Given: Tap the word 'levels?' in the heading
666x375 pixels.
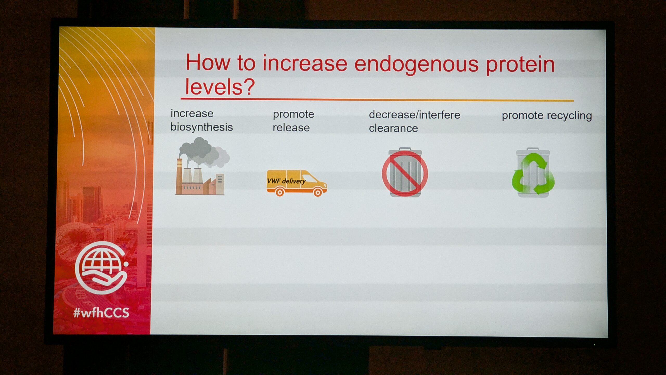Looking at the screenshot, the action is (220, 87).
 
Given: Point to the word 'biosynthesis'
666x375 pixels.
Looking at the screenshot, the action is (202, 127).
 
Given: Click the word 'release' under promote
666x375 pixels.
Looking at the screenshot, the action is (291, 128).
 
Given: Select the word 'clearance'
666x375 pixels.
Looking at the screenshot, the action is (393, 128).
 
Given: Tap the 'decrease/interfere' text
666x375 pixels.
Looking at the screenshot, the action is (414, 115).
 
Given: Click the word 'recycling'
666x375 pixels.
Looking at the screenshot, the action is (569, 116).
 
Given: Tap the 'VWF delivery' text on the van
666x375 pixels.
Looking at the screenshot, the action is (286, 181).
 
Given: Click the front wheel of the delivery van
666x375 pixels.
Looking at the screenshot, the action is (318, 192).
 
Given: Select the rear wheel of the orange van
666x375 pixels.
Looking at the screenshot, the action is (280, 192).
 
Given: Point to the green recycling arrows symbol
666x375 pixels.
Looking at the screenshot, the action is (533, 174).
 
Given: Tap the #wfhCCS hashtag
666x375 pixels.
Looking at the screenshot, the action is (101, 312).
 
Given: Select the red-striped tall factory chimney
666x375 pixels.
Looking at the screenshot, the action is (179, 176).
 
